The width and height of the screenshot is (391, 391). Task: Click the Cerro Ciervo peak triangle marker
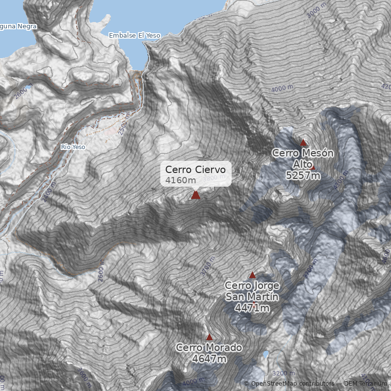point(195,195)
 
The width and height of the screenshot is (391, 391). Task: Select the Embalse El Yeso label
point(134,36)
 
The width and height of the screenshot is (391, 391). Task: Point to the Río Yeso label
point(73,147)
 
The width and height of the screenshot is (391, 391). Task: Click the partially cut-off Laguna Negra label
point(18,26)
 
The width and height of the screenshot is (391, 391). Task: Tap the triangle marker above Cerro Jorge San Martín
point(252,275)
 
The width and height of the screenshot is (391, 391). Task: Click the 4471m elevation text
point(252,308)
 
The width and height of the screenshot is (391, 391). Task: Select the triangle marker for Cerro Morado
point(209,337)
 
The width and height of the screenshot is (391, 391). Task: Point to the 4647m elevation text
point(209,359)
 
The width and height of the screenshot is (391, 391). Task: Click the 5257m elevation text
point(303,175)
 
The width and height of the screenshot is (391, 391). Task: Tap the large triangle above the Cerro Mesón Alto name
point(303,143)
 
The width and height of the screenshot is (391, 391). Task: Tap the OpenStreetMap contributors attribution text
point(288,384)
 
